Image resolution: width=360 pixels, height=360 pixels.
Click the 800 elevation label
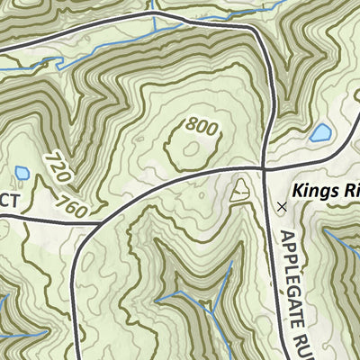[202, 129]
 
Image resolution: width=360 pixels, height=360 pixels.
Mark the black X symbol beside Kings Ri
[282, 206]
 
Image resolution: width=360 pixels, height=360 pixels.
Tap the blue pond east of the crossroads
[319, 134]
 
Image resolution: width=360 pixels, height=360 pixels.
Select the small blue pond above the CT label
[22, 172]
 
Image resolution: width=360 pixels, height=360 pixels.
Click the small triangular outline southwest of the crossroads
[240, 190]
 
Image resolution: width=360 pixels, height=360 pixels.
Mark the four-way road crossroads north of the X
[262, 167]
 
